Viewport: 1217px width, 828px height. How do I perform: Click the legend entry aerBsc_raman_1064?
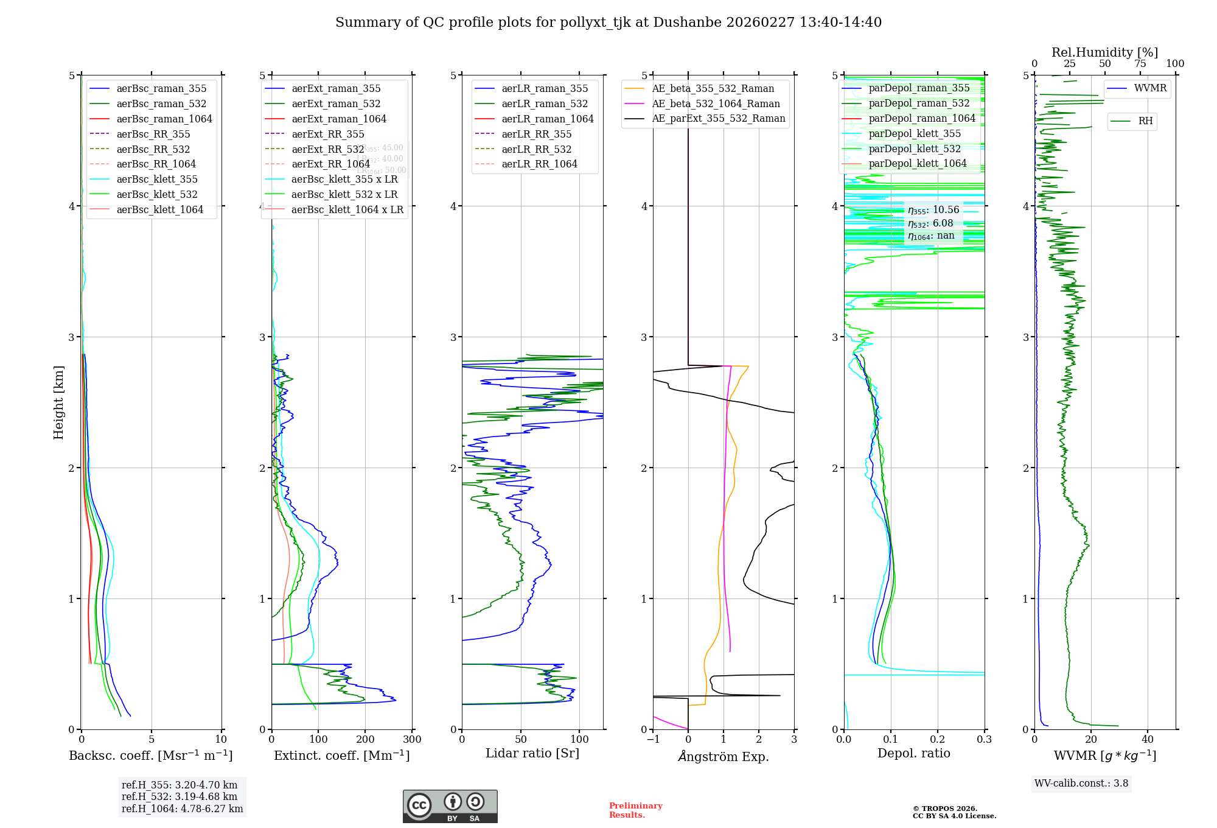[x=164, y=119]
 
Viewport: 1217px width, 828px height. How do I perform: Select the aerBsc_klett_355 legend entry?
[x=157, y=179]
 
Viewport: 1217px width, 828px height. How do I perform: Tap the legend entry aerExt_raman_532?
[x=336, y=103]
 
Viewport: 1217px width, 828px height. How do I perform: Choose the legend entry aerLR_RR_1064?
[x=539, y=164]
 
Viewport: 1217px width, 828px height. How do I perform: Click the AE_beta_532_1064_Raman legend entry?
[x=716, y=103]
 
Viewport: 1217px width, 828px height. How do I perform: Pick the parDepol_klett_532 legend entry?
[x=915, y=149]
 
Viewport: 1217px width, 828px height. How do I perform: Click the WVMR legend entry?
[x=1150, y=88]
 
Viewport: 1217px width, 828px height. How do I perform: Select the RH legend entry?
[x=1145, y=121]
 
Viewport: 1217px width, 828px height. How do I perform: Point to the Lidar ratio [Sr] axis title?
[x=532, y=753]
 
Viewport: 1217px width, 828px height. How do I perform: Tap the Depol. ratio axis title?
[x=914, y=753]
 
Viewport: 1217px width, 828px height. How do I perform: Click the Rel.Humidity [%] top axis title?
[x=1104, y=52]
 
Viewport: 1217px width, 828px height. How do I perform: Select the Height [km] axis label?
[x=58, y=402]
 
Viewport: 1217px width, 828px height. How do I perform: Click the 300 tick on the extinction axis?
[x=412, y=739]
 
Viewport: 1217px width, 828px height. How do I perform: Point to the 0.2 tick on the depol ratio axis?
[x=938, y=739]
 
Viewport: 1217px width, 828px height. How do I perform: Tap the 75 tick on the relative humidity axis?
[x=1140, y=64]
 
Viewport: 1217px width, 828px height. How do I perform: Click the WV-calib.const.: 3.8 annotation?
[x=1081, y=784]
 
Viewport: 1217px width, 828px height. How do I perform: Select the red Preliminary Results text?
[x=635, y=810]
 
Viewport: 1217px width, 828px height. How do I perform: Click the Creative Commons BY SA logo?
[x=450, y=807]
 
